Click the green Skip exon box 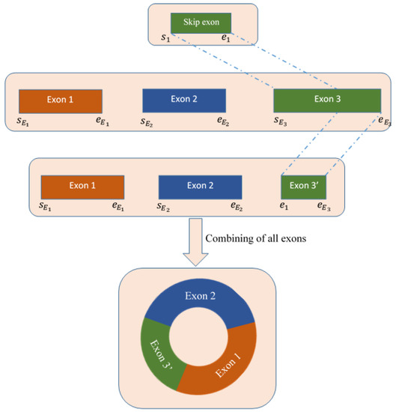click(201, 22)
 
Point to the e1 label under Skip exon click(226, 38)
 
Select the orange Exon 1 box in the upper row click(60, 100)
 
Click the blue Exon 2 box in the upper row click(183, 100)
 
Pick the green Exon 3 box click(326, 100)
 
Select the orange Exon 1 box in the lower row click(82, 186)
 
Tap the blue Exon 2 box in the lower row click(200, 186)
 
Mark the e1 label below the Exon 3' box click(284, 205)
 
